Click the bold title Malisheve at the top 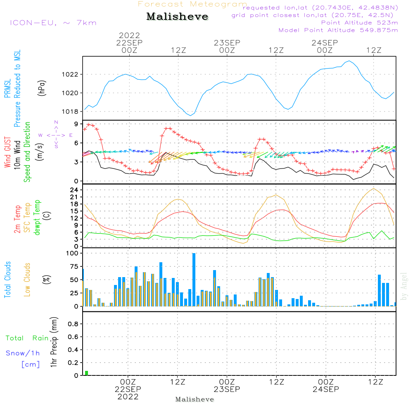[x=178, y=17]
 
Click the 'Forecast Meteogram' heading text [x=192, y=4]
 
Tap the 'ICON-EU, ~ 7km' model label [x=53, y=22]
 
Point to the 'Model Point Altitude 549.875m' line [x=338, y=30]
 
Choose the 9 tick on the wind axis [x=76, y=124]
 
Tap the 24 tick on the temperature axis [x=74, y=190]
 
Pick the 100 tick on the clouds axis [x=73, y=254]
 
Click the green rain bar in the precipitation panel [x=87, y=373]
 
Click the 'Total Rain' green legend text [x=27, y=338]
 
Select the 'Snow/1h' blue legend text [x=23, y=353]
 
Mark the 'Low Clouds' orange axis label [x=28, y=279]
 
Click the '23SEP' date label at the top [x=227, y=43]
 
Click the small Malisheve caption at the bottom [x=195, y=399]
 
